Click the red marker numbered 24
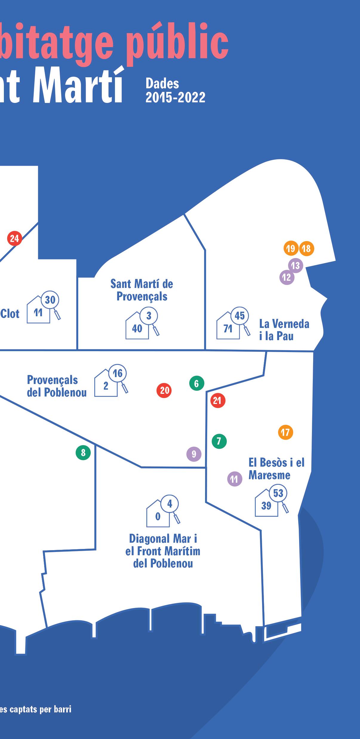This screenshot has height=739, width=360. [x=14, y=238]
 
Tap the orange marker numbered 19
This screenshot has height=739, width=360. [x=291, y=248]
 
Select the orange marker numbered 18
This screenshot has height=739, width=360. [x=307, y=248]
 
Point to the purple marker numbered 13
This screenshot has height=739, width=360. [x=296, y=265]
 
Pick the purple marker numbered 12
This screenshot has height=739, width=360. [x=287, y=277]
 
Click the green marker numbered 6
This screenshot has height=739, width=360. [x=197, y=383]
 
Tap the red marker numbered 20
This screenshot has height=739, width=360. [x=164, y=390]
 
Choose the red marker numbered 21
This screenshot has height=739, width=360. [x=218, y=400]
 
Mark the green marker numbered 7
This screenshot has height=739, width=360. [x=219, y=441]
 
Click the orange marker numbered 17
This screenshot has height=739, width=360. [x=285, y=432]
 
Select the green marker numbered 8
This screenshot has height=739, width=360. [x=83, y=453]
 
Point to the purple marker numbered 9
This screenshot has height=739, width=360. [x=194, y=454]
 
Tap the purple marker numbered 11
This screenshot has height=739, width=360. [x=235, y=479]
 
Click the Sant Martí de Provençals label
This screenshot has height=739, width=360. [x=142, y=290]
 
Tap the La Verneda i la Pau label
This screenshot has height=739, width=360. [x=284, y=330]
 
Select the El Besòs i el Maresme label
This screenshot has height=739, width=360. [x=276, y=468]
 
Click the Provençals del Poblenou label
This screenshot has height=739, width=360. [x=57, y=386]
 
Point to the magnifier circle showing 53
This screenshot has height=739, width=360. [x=278, y=493]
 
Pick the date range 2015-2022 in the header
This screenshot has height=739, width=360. [x=175, y=97]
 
